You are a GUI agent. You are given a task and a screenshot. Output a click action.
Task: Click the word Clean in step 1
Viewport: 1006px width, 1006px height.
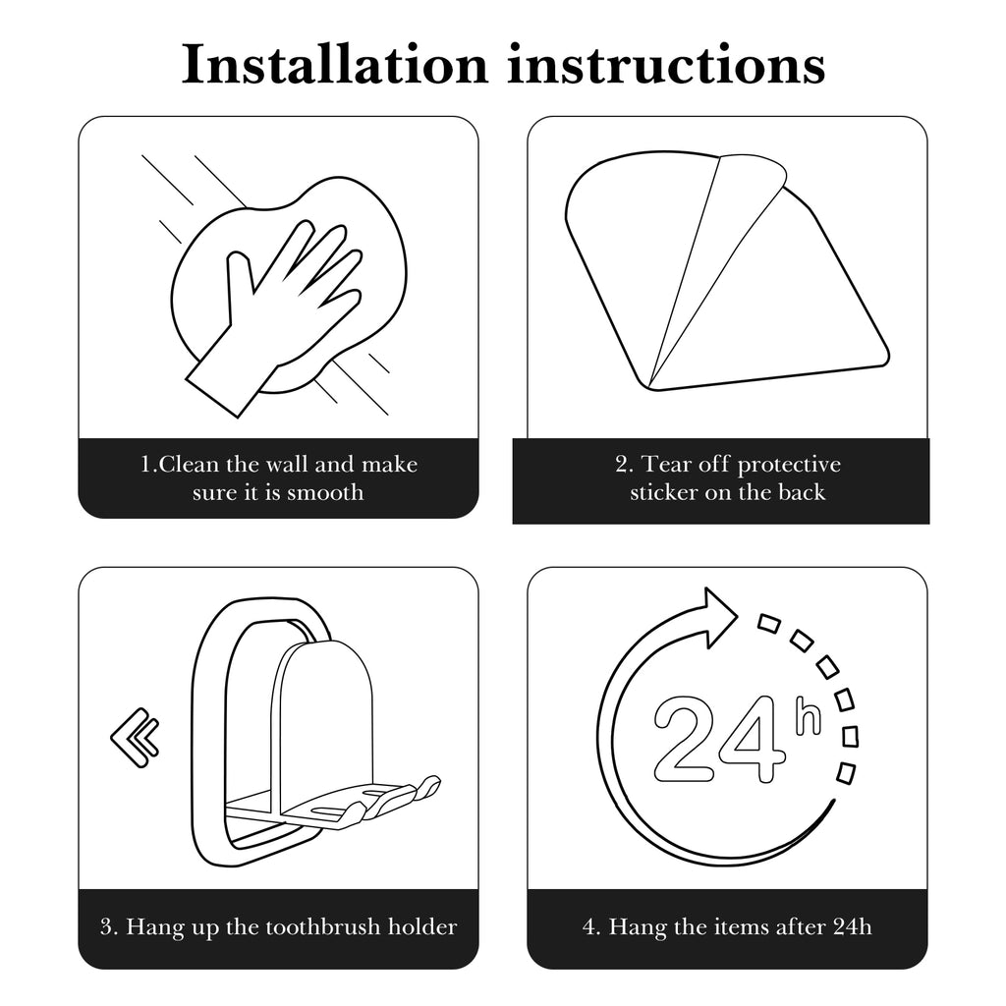(x=190, y=464)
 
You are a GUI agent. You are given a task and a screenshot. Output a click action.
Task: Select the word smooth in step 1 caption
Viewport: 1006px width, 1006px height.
(x=324, y=492)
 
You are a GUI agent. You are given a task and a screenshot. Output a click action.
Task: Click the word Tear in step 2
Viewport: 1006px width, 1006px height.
(x=667, y=464)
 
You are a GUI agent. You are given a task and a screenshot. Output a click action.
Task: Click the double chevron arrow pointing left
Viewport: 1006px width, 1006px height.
(x=135, y=737)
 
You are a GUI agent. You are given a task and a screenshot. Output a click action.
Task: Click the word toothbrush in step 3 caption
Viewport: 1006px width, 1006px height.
(x=314, y=926)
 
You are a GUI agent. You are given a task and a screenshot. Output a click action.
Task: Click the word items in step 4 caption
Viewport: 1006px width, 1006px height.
(x=739, y=926)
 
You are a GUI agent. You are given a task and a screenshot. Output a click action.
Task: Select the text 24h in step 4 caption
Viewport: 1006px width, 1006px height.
(x=853, y=926)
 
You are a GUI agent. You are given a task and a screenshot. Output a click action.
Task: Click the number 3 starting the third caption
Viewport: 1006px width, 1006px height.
(x=106, y=926)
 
